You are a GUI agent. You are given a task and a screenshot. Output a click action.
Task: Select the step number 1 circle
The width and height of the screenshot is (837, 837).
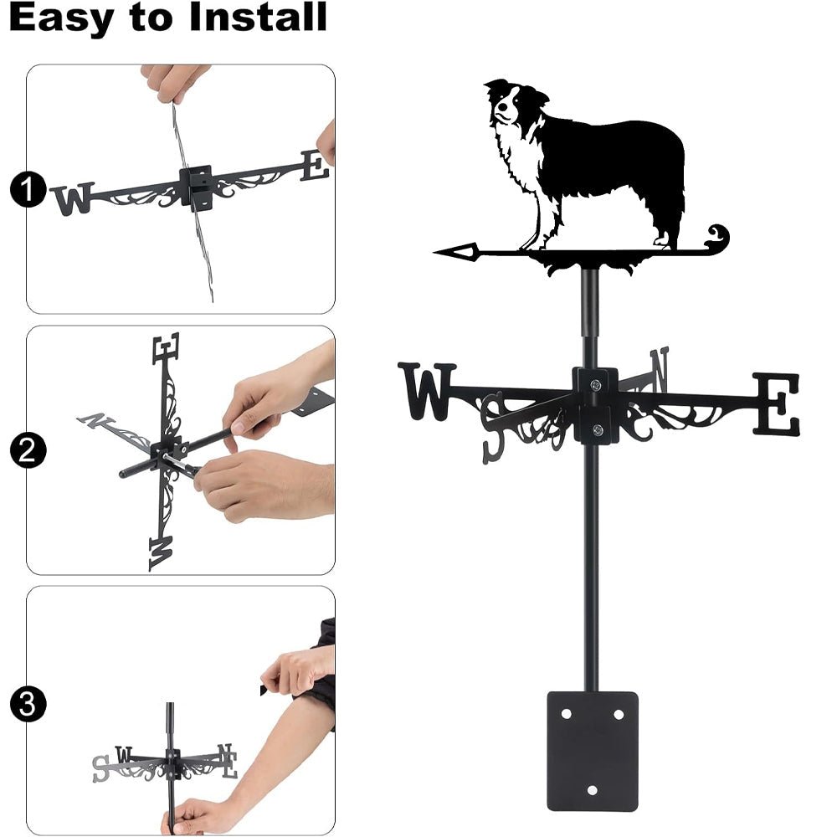pos(27,191)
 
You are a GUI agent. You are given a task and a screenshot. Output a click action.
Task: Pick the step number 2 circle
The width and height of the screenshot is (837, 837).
pos(27,452)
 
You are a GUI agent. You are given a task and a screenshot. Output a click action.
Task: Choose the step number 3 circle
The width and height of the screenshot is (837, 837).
pos(27,704)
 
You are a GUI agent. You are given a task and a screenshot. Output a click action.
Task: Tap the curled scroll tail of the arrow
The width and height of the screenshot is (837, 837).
pos(716,236)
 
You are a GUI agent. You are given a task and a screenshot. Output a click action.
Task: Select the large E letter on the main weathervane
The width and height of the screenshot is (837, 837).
pos(776,404)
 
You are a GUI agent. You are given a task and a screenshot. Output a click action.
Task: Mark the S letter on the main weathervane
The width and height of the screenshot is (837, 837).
pos(493,425)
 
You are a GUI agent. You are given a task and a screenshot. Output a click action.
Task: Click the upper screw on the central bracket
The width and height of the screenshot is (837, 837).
pos(596,384)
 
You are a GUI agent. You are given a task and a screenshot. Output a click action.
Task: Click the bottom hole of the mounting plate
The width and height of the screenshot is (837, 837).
pos(592,789)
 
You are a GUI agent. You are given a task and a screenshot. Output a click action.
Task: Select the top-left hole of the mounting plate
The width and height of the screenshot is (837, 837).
pos(566,714)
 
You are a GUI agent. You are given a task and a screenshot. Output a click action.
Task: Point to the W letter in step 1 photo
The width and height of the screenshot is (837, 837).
pos(72,199)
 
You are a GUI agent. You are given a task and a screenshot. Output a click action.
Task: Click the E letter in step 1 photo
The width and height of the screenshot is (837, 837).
pos(315,165)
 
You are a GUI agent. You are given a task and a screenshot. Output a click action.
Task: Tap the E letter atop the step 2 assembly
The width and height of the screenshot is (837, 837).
pos(166,348)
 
